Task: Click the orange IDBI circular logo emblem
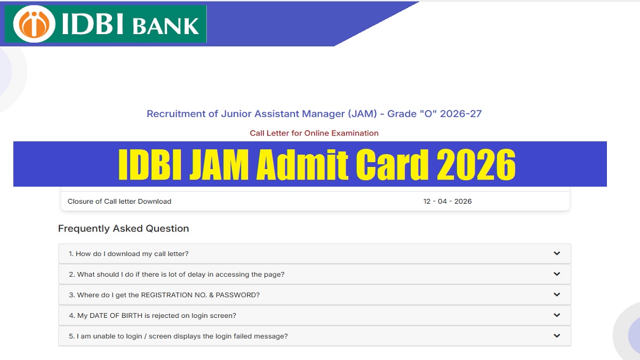[34, 24]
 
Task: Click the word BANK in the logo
[165, 25]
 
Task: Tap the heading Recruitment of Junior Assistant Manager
[314, 114]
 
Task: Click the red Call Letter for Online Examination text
[314, 133]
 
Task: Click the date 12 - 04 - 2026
[447, 202]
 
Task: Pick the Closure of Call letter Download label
[119, 202]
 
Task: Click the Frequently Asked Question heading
[123, 229]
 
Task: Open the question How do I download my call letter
[129, 254]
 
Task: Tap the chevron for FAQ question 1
[557, 253]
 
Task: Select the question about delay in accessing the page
[177, 274]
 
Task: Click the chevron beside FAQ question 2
[557, 274]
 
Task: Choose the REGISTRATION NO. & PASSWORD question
[164, 295]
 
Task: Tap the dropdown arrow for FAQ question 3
[557, 294]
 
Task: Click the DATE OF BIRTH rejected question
[153, 316]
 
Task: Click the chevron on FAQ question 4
[557, 315]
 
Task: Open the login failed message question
[178, 337]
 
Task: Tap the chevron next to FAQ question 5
[557, 336]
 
